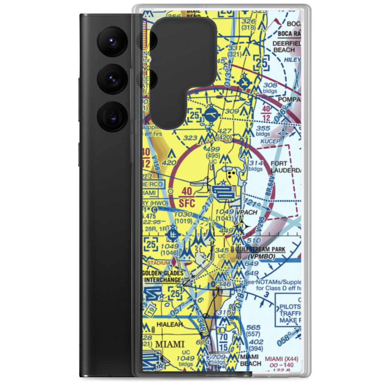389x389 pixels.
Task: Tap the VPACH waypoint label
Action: (246, 212)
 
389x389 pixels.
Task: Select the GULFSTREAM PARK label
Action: (261, 249)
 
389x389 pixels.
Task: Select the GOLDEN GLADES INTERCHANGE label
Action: (163, 277)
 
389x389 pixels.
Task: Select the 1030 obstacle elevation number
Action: (183, 214)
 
